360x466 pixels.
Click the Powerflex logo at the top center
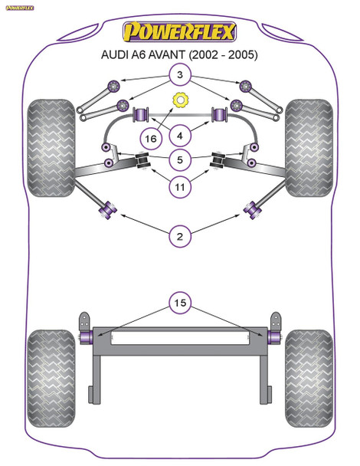181,33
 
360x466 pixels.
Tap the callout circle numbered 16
150,138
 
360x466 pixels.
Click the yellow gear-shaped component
181,100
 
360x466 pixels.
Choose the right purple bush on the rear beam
272,335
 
